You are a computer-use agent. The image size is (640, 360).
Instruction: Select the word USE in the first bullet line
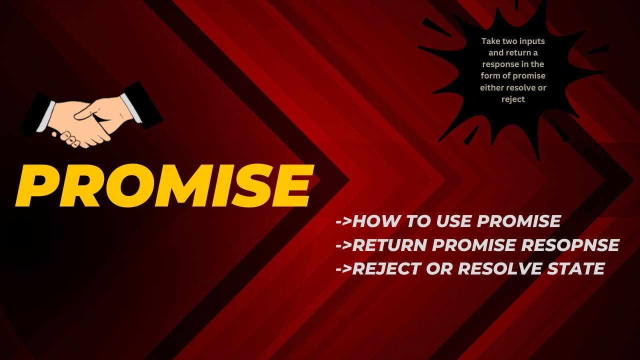tap(456, 221)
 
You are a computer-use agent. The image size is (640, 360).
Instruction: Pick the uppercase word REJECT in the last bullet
tap(386, 268)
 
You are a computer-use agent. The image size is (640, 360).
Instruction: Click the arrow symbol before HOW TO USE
tap(343, 221)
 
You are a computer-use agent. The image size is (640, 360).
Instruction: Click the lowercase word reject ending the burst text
tap(513, 99)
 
